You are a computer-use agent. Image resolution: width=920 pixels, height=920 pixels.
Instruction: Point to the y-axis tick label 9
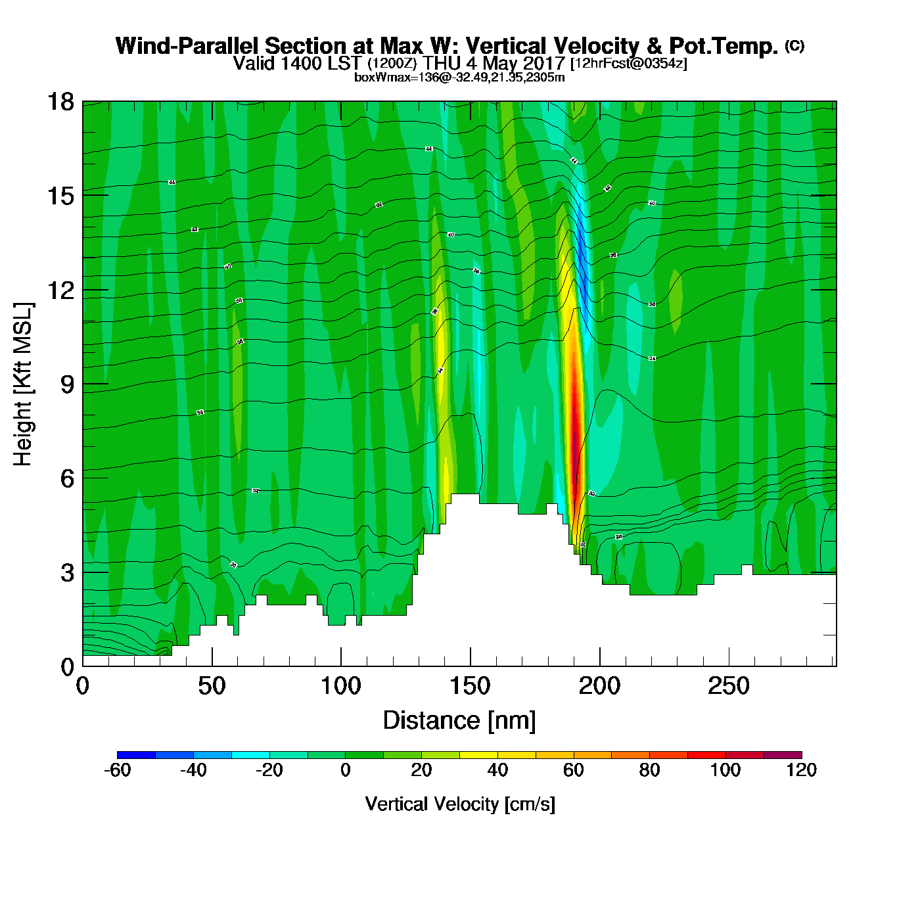67,384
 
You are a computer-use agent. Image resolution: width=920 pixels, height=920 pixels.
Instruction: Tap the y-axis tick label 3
67,573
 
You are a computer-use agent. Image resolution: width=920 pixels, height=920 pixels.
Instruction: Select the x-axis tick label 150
470,687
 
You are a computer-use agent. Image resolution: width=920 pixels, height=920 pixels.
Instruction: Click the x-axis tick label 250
728,687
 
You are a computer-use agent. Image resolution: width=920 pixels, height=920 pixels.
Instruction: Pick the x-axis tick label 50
212,687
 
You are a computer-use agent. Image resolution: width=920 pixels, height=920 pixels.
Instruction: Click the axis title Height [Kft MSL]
24,384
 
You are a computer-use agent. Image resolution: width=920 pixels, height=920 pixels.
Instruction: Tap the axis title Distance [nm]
459,721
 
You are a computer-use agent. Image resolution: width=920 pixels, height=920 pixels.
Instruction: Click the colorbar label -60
117,770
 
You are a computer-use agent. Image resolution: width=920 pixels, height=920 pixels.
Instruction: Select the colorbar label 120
801,770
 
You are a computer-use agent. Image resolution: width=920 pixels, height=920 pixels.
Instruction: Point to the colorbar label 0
346,770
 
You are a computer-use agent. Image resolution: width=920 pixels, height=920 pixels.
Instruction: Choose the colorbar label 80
649,770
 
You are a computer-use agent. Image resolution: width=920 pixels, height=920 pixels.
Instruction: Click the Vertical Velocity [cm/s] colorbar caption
459,804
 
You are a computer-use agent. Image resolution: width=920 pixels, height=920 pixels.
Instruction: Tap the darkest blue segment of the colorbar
136,754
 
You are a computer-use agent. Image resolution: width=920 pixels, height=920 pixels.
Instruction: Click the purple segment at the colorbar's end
783,754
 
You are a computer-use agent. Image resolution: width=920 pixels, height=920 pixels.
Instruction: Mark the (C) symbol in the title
794,45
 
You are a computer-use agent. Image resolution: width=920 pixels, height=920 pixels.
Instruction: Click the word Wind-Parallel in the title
188,46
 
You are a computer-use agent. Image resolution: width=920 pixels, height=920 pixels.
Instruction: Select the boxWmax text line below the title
459,78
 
